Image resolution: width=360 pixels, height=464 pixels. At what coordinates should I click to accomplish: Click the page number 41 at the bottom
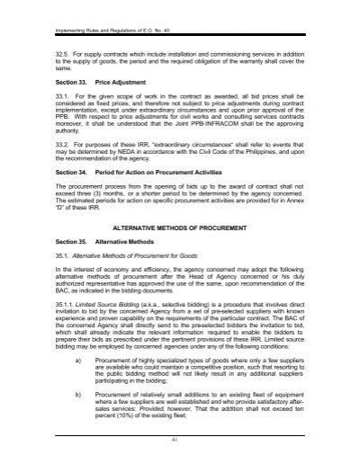coord(180,454)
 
